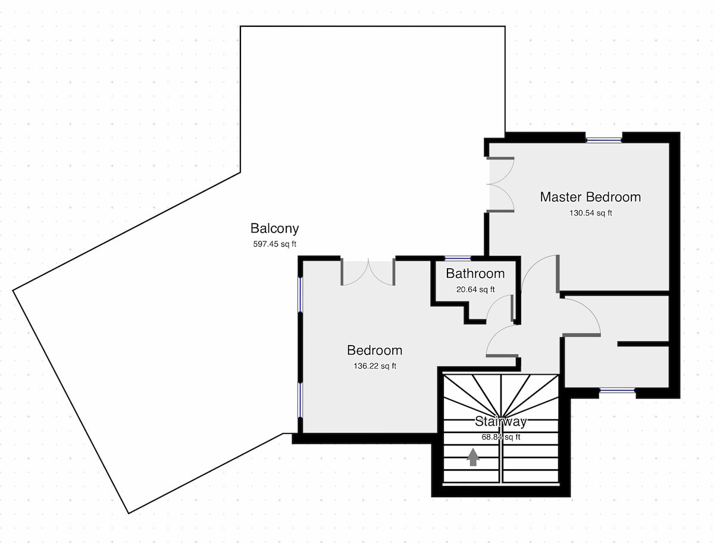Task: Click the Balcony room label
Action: (x=274, y=228)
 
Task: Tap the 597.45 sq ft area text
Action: (x=274, y=243)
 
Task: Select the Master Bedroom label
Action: (x=590, y=197)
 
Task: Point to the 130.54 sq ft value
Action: (x=590, y=213)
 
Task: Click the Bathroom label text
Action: (x=475, y=274)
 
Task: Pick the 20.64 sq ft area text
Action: (x=475, y=290)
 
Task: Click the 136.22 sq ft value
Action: (x=374, y=366)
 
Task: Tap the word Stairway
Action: (x=500, y=422)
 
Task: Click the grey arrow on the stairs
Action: (x=473, y=457)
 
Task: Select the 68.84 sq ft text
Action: (x=500, y=437)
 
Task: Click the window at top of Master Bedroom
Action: (x=603, y=140)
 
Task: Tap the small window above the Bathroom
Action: (x=458, y=258)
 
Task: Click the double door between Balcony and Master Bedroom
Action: (x=500, y=184)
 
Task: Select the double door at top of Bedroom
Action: (x=368, y=272)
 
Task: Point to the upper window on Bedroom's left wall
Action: (x=300, y=294)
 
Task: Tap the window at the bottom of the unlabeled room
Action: (x=617, y=391)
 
